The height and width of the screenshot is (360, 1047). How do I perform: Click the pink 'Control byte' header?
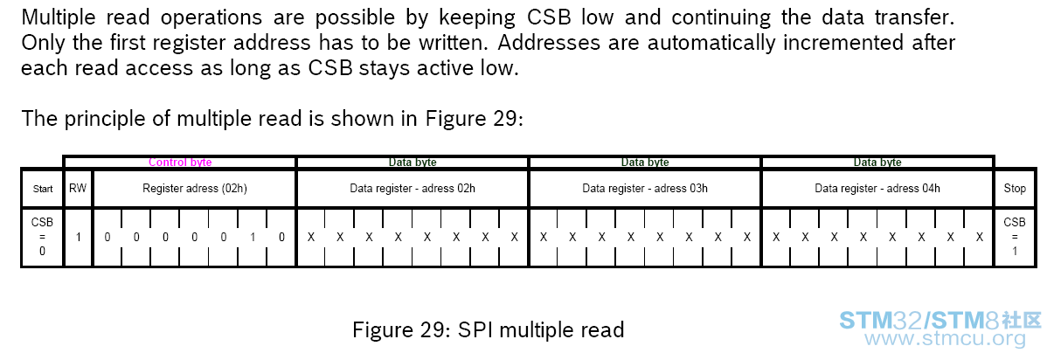(x=180, y=163)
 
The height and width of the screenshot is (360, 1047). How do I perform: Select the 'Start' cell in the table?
(x=43, y=189)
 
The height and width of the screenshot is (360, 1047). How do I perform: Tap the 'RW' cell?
(x=78, y=189)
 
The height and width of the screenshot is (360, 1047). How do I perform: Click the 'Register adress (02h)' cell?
(x=195, y=189)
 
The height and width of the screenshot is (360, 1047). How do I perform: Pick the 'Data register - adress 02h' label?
(x=413, y=189)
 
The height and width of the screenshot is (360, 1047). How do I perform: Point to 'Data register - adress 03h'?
(x=645, y=189)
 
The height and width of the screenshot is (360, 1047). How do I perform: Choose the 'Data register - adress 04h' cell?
(x=877, y=189)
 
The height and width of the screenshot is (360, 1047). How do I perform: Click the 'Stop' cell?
(x=1015, y=189)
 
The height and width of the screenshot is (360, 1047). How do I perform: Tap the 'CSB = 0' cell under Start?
(x=42, y=237)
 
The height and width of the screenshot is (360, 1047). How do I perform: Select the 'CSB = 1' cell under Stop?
(x=1015, y=237)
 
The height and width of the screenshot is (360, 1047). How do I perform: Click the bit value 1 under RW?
(x=78, y=237)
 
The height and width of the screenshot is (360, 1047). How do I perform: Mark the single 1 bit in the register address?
(x=253, y=237)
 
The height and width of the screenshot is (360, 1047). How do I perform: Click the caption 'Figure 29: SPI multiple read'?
(x=489, y=329)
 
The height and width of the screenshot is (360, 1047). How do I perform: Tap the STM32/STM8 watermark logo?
(x=940, y=320)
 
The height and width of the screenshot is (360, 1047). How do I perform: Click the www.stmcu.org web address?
(x=945, y=339)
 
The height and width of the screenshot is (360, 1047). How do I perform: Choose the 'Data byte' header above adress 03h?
(x=645, y=163)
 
